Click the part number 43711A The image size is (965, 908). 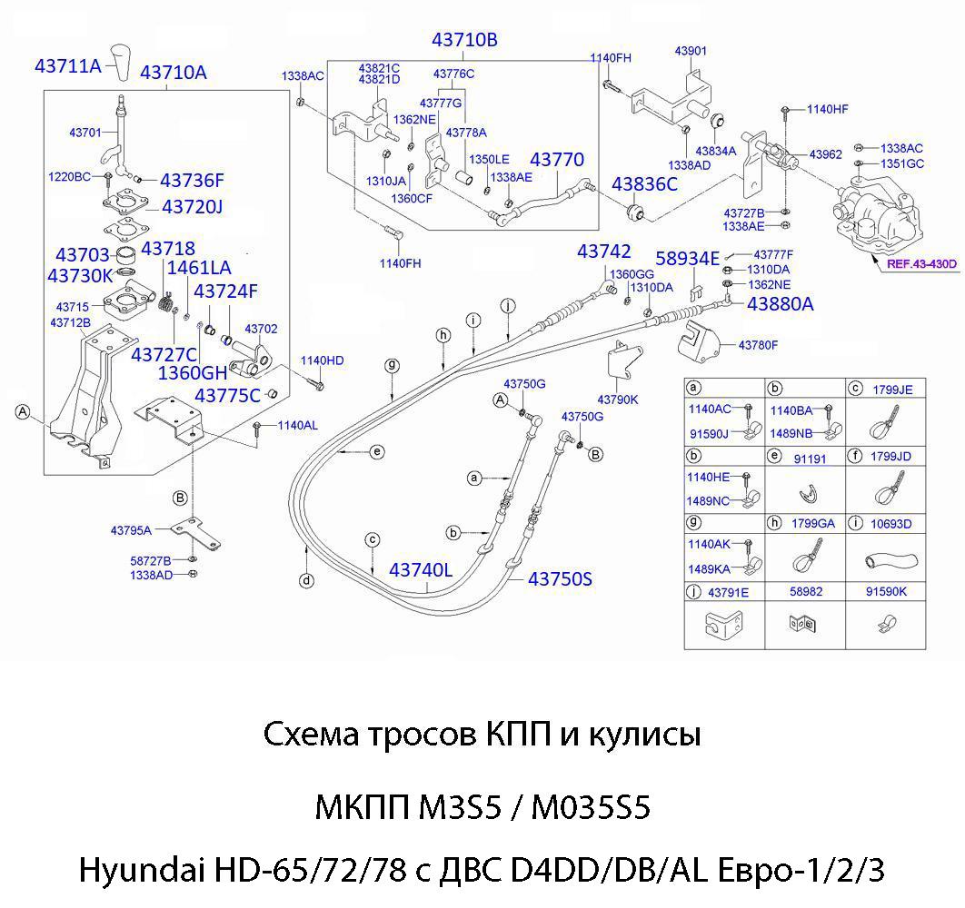click(x=67, y=65)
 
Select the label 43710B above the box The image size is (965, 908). click(x=464, y=40)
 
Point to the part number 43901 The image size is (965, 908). click(x=691, y=51)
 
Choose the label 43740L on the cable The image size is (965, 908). click(x=421, y=570)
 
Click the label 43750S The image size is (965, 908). click(x=560, y=578)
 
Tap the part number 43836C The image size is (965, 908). click(x=644, y=184)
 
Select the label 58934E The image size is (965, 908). click(x=688, y=259)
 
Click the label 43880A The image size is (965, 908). click(x=781, y=304)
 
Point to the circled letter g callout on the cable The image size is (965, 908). click(x=392, y=366)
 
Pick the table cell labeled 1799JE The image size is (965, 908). click(x=892, y=389)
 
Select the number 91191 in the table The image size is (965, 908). click(x=811, y=459)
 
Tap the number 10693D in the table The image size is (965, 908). click(x=892, y=524)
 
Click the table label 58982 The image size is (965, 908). click(x=806, y=591)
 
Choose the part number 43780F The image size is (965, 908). click(x=759, y=345)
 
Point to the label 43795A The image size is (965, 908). click(x=131, y=529)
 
